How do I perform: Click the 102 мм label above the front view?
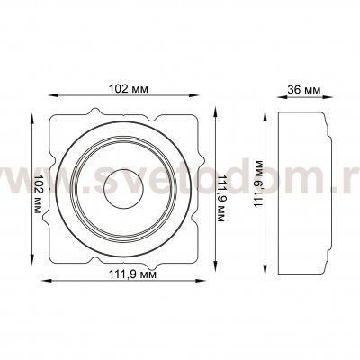tap(128, 89)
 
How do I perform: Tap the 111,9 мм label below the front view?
tap(132, 274)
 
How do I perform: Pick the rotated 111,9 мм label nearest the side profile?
tap(258, 184)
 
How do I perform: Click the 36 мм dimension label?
tap(304, 89)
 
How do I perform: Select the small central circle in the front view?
tap(123, 189)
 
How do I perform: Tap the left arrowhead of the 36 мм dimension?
tap(281, 97)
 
